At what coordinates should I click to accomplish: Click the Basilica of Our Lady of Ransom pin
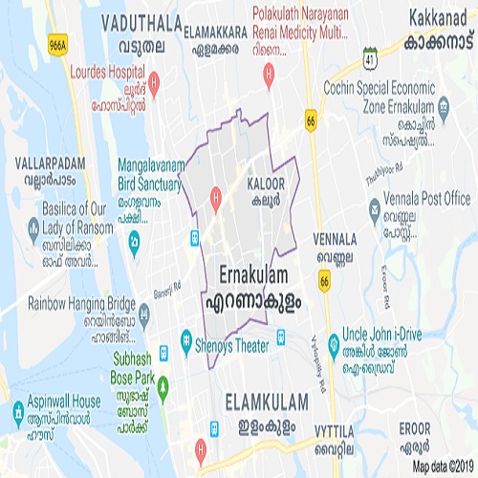(x=33, y=227)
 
